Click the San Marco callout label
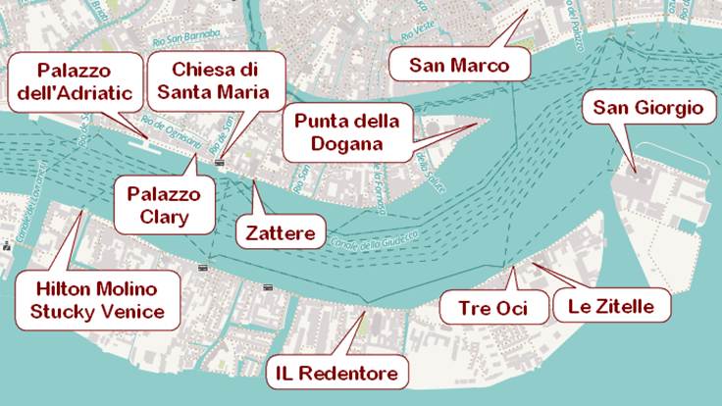pyautogui.click(x=459, y=66)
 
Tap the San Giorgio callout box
pyautogui.click(x=648, y=108)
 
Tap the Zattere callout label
pyautogui.click(x=281, y=233)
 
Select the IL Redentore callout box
pyautogui.click(x=335, y=374)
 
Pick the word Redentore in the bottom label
pyautogui.click(x=351, y=374)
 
